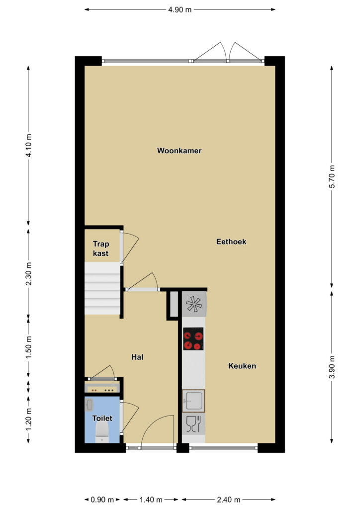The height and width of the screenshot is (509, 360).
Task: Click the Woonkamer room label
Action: click(179, 151)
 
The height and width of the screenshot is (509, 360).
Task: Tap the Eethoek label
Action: click(231, 242)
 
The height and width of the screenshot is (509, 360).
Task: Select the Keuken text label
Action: click(242, 366)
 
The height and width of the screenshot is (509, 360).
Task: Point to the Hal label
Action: click(137, 357)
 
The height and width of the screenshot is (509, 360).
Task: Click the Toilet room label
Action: click(102, 418)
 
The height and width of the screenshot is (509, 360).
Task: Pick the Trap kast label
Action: click(100, 249)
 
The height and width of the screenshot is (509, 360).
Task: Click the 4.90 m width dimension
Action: click(180, 10)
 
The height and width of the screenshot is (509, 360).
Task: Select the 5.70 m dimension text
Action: click(332, 176)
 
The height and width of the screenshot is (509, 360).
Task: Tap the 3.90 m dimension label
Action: click(332, 367)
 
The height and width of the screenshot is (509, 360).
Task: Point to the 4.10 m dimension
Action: click(28, 146)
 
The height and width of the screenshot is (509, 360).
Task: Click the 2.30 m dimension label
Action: click(28, 273)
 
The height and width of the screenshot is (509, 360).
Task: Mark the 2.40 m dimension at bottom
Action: click(229, 500)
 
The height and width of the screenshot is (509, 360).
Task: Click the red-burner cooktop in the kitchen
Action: click(193, 339)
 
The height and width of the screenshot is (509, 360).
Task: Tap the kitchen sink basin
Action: click(193, 401)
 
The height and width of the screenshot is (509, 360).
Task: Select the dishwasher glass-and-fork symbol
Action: click(194, 424)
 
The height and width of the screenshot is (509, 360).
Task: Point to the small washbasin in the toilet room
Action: click(89, 405)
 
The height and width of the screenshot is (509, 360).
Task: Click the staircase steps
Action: click(102, 288)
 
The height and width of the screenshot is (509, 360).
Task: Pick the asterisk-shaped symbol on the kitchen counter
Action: click(194, 304)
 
